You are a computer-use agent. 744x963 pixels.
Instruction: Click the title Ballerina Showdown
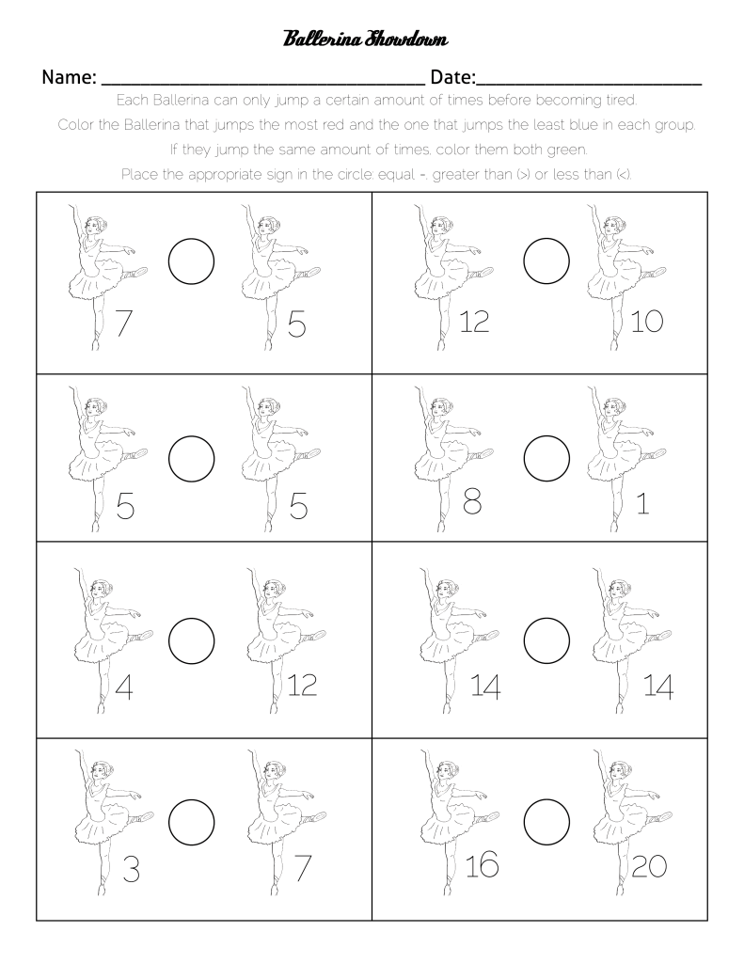[365, 39]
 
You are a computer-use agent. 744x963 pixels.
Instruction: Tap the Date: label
[452, 77]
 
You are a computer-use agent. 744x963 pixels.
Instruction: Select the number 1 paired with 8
[642, 505]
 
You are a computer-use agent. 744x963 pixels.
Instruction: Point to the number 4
[122, 687]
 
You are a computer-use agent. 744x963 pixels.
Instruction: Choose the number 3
[131, 872]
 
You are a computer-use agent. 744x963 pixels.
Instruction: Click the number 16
[482, 864]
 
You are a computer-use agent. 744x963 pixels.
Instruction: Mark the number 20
[649, 866]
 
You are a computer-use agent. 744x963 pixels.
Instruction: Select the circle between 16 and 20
[546, 819]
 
